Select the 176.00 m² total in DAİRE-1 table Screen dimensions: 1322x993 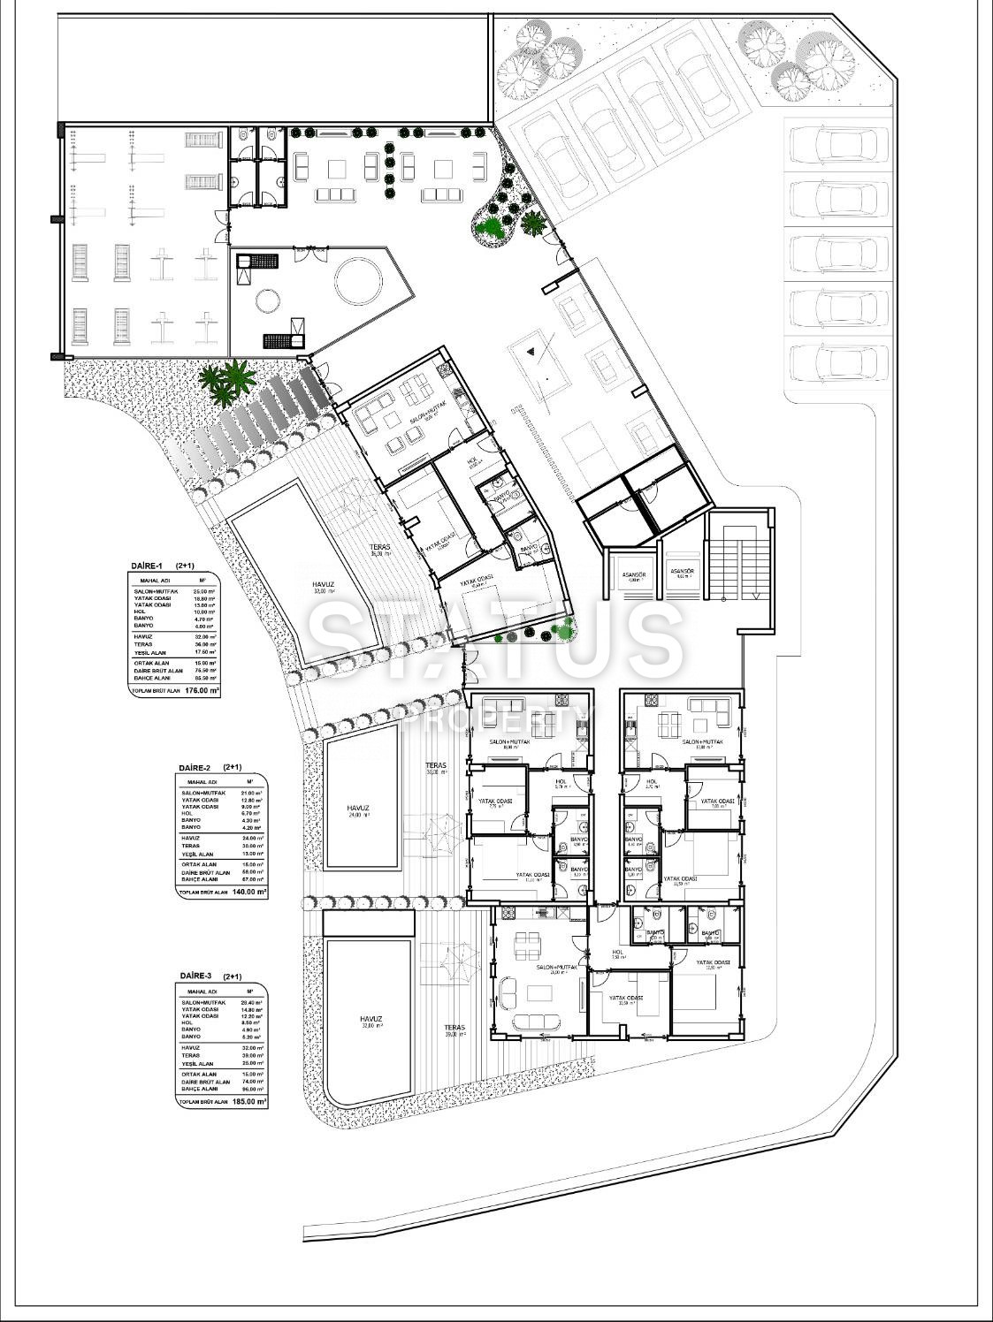[202, 692]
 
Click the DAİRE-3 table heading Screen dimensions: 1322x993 [196, 976]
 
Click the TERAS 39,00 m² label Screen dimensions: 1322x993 [454, 1031]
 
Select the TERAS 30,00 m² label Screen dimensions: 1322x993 [435, 769]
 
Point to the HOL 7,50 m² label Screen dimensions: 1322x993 [618, 956]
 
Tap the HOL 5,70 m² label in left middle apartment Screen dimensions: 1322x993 [561, 784]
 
